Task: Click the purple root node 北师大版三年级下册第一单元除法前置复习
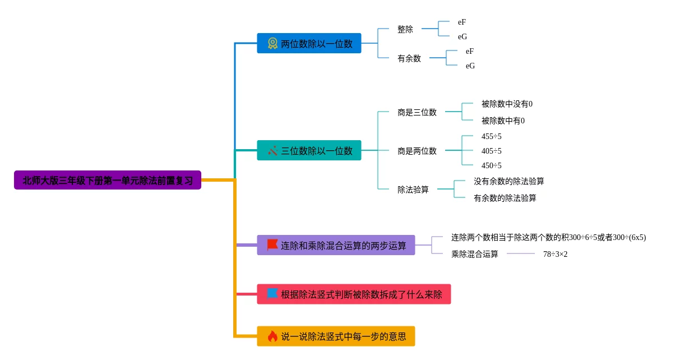[x=108, y=180]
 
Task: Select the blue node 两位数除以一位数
[x=309, y=43]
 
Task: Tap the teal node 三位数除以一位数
[x=309, y=150]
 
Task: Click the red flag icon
[x=272, y=245]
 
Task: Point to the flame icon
[x=272, y=336]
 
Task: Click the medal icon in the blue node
[x=272, y=43]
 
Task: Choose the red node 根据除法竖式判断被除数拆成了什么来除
[x=354, y=294]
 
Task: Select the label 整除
[x=405, y=29]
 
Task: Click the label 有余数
[x=409, y=58]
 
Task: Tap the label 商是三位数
[x=417, y=112]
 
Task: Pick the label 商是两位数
[x=417, y=151]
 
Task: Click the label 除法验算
[x=413, y=190]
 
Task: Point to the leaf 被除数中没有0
[x=507, y=104]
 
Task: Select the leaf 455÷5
[x=491, y=136]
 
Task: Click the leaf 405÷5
[x=491, y=151]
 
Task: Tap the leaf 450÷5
[x=491, y=165]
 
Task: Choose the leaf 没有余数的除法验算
[x=508, y=181]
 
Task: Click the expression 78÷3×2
[x=555, y=254]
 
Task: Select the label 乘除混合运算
[x=475, y=254]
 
